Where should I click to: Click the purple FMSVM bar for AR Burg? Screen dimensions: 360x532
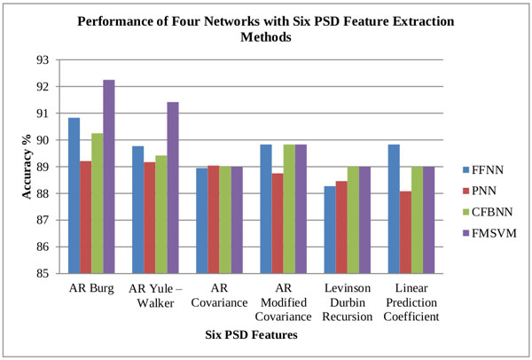coord(108,176)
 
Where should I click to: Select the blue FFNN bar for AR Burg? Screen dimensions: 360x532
coord(74,195)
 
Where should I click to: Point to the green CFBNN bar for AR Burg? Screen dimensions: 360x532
coord(97,203)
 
